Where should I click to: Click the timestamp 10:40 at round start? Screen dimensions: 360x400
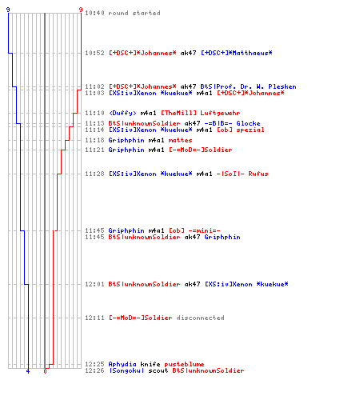click(x=94, y=13)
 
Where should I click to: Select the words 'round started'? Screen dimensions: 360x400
click(x=134, y=13)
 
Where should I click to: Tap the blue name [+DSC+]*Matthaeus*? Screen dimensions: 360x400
click(x=237, y=53)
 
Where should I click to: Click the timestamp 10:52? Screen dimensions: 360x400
click(x=94, y=53)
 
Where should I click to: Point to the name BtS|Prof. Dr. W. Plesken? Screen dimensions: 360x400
click(x=248, y=86)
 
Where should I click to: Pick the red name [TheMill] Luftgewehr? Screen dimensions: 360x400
click(x=201, y=113)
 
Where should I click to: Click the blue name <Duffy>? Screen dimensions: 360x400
click(x=122, y=113)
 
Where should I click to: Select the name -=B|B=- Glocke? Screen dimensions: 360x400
click(x=232, y=123)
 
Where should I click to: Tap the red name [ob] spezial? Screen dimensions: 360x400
click(x=241, y=130)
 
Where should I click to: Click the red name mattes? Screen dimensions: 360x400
click(x=180, y=140)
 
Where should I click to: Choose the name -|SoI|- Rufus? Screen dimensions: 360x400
click(x=242, y=174)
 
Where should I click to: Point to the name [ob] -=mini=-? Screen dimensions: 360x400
click(x=194, y=230)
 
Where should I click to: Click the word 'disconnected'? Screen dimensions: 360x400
click(x=200, y=318)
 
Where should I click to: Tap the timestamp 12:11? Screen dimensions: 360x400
click(x=94, y=318)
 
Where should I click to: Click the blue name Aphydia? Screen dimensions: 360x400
click(x=122, y=364)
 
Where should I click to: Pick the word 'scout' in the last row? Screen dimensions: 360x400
click(x=158, y=370)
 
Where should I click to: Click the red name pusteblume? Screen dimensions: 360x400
click(x=184, y=364)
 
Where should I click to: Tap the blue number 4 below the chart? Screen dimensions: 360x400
click(x=28, y=371)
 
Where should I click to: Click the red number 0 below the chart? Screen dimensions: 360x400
click(x=45, y=371)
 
